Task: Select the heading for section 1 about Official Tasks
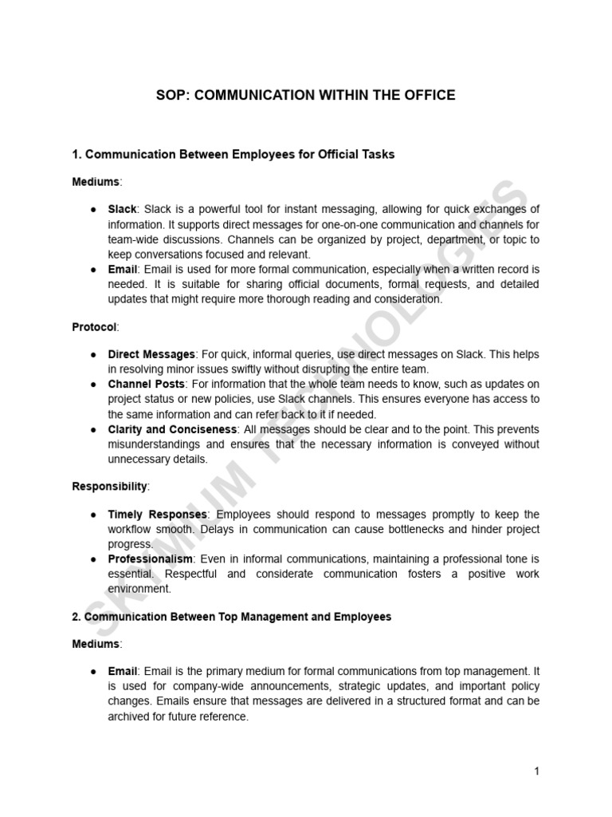tap(233, 155)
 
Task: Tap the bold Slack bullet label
tap(123, 209)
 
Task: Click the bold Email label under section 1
tap(123, 270)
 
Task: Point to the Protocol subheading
tap(95, 327)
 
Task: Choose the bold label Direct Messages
tap(151, 354)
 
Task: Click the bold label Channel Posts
tap(147, 385)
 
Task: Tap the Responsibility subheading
tap(110, 486)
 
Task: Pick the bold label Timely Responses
tap(157, 514)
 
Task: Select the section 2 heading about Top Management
tap(232, 618)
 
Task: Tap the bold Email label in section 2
tap(123, 673)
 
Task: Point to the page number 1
tap(537, 771)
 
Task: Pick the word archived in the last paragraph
tap(131, 717)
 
